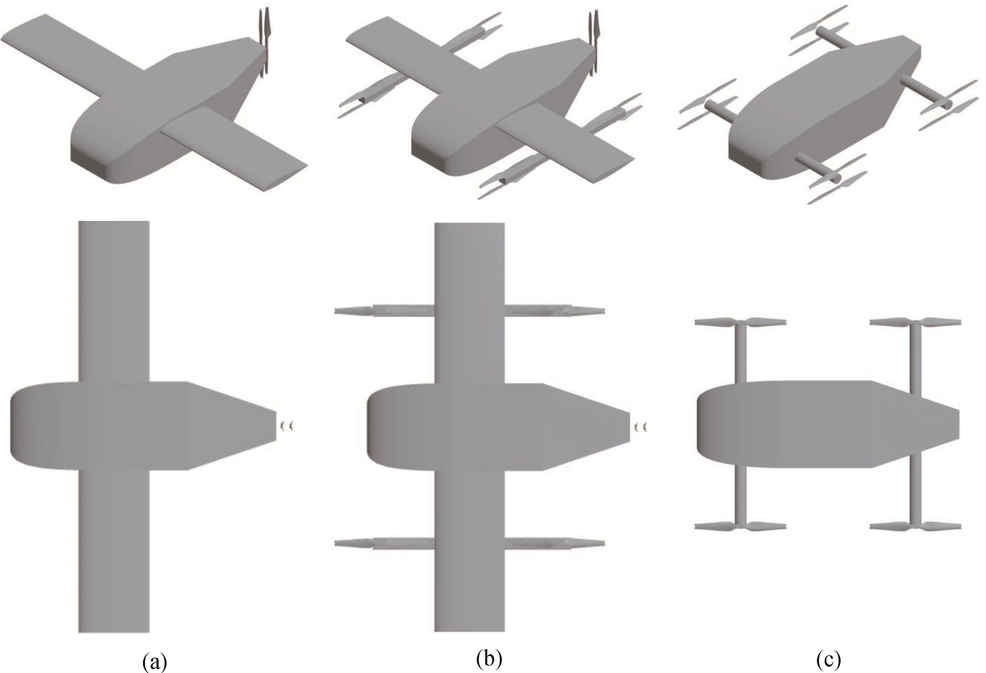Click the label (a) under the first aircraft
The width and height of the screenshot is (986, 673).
click(x=155, y=661)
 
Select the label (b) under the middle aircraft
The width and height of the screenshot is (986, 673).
click(x=489, y=659)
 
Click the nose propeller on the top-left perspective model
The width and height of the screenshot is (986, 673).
click(x=264, y=42)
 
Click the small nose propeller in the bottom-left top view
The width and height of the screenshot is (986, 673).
click(x=286, y=426)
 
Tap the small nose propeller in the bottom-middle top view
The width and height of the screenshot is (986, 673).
click(x=640, y=426)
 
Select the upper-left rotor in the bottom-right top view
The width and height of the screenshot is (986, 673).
click(x=740, y=322)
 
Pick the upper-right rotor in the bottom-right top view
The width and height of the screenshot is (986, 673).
click(x=915, y=322)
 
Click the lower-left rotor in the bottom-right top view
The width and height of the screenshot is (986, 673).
click(x=740, y=526)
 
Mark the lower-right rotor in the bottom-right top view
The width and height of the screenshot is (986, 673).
click(x=915, y=526)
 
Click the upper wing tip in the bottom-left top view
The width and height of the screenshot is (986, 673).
click(x=114, y=222)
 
